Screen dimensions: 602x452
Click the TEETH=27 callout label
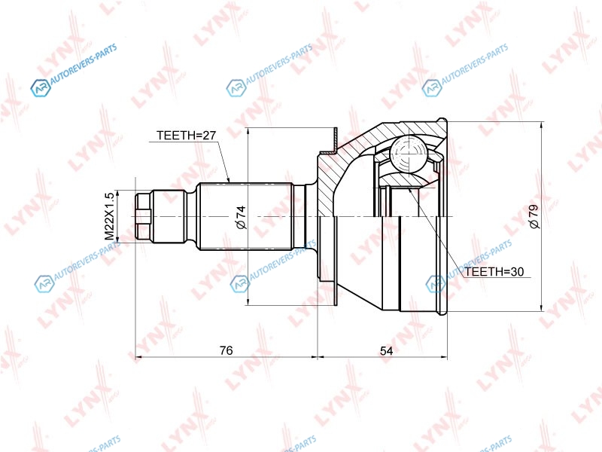point(186,136)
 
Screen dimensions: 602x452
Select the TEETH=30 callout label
point(494,272)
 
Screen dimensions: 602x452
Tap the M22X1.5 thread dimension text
point(110,216)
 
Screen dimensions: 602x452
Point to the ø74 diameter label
point(241,217)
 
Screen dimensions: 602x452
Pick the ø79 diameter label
point(534,217)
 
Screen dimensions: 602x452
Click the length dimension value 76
point(227,350)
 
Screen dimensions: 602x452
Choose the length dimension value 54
point(386,350)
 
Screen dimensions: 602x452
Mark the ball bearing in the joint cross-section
point(408,154)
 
